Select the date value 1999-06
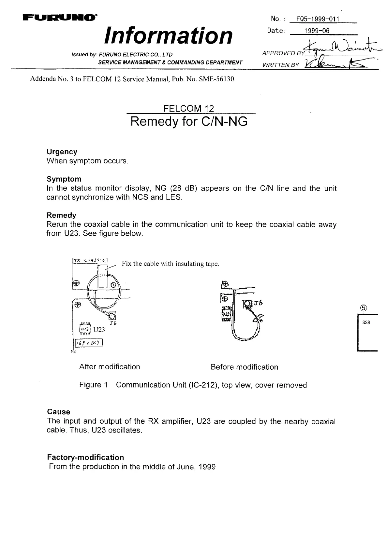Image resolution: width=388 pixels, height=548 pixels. point(317,31)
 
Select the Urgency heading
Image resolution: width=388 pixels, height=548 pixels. point(62,152)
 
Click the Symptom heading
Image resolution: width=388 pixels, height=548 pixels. point(64,179)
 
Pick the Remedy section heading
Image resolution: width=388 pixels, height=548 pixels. point(61,215)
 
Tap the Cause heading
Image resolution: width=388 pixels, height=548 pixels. point(58,412)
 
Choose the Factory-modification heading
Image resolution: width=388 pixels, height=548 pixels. point(85,457)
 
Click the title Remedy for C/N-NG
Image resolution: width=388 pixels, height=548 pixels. point(189,121)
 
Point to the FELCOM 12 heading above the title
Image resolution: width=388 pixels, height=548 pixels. point(189,108)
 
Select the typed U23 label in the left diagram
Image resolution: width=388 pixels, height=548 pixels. point(99,330)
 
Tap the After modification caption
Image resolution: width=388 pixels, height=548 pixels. point(110,367)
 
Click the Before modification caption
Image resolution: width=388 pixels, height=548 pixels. point(244,367)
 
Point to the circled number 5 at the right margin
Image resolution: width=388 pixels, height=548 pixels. point(364,308)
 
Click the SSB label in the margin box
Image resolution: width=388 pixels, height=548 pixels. point(366,323)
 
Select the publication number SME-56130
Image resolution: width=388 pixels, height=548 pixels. point(215,79)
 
